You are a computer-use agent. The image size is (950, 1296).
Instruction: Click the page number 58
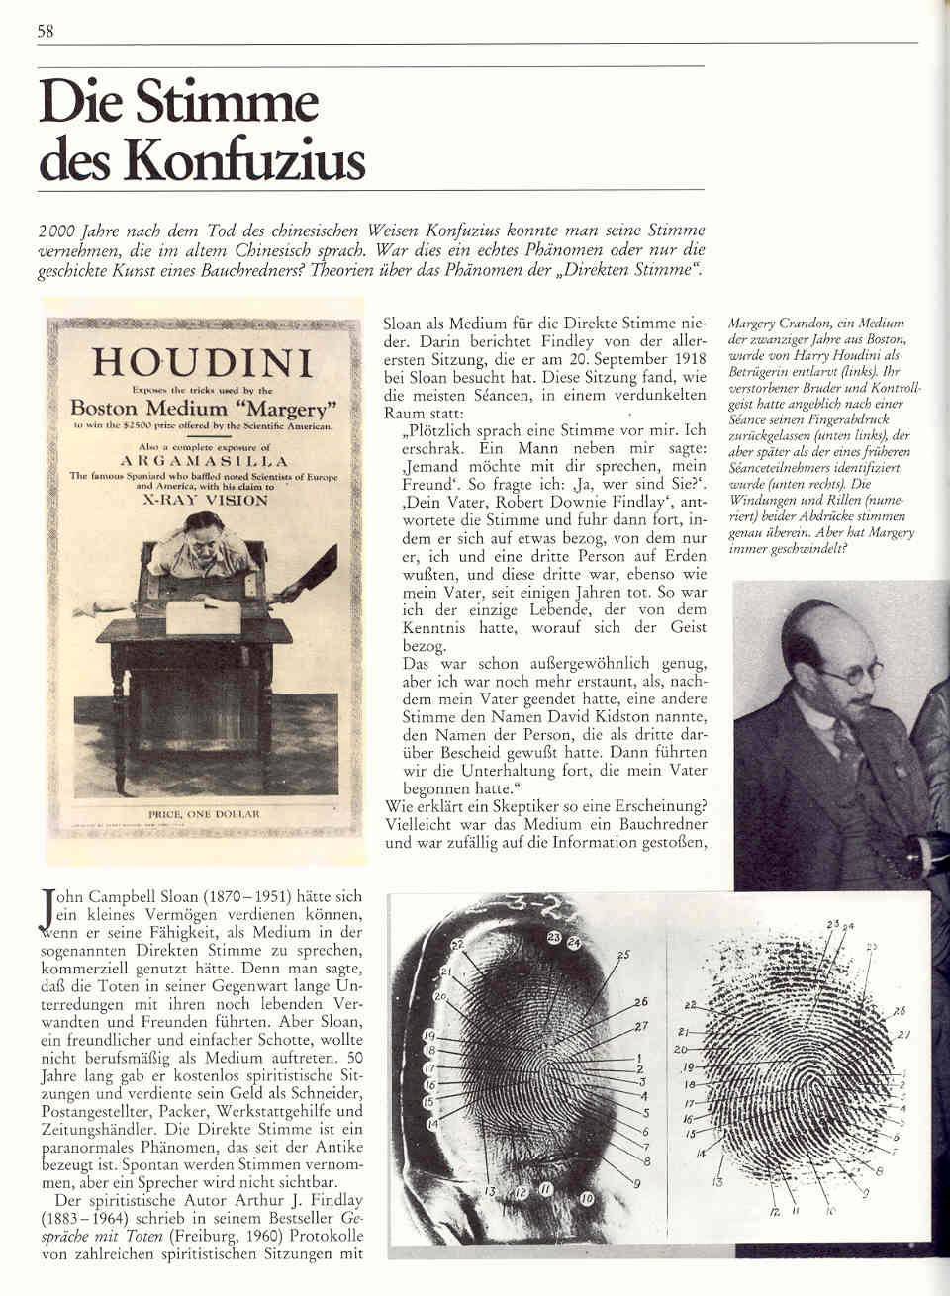pos(45,30)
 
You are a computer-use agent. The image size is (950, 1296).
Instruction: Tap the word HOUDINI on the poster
pos(202,363)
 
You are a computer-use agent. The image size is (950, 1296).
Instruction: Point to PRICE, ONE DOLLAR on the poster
pos(202,813)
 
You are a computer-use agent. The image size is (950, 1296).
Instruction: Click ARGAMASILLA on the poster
pos(202,460)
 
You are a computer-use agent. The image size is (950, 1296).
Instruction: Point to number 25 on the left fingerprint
pos(622,955)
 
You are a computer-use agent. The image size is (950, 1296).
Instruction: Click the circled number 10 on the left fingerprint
pos(586,1199)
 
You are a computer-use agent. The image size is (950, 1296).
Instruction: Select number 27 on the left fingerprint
pos(641,1025)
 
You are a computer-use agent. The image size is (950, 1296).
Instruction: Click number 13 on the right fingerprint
pos(717,1181)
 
